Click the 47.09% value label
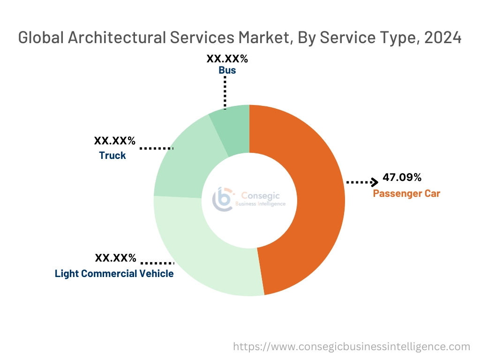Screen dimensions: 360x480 (x=402, y=178)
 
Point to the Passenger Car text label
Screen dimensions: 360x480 (x=406, y=193)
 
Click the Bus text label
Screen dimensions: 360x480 (x=227, y=71)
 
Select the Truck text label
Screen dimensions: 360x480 (x=112, y=156)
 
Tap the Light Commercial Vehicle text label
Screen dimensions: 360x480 (x=114, y=273)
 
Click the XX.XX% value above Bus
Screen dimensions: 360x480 (x=227, y=59)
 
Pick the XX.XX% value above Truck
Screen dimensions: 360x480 (x=115, y=140)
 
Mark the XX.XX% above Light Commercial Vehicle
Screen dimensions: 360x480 (x=115, y=258)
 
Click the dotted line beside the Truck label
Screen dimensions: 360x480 (x=157, y=148)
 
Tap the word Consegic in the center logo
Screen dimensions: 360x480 (x=257, y=195)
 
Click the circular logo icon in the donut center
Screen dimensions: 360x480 (x=223, y=200)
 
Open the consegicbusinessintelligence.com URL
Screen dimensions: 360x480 (x=352, y=347)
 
